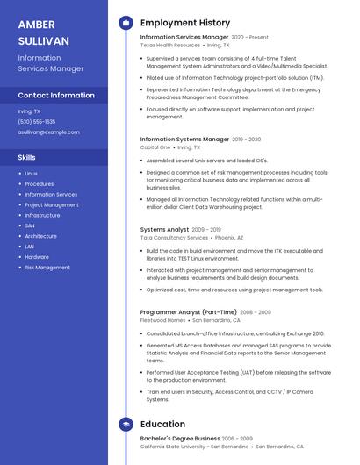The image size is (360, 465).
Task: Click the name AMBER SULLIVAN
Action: pos(43,32)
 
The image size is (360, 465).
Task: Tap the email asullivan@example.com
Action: pos(48,132)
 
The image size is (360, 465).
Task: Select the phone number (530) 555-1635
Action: pos(37,122)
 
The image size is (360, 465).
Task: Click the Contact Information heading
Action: pos(56,95)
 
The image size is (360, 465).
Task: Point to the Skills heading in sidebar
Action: pos(27,157)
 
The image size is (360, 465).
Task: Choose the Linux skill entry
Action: pos(31,174)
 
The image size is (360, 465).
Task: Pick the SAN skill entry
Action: pos(30,225)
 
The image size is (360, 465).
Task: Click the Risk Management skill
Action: pos(47,268)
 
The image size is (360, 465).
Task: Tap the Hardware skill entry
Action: pos(37,257)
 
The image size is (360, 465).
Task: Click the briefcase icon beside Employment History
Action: pos(126,22)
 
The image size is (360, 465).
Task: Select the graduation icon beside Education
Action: pos(126,425)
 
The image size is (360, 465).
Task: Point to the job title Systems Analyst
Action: pos(164,229)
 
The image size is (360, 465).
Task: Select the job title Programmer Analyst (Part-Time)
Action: pos(188,311)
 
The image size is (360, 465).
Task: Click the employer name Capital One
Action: pos(155,147)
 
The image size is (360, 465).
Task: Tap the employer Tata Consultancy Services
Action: pos(174,238)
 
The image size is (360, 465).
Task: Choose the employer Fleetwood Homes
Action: pos(163,320)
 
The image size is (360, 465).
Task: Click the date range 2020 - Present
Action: pos(250,38)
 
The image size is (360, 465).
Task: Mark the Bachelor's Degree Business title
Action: pos(180,438)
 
